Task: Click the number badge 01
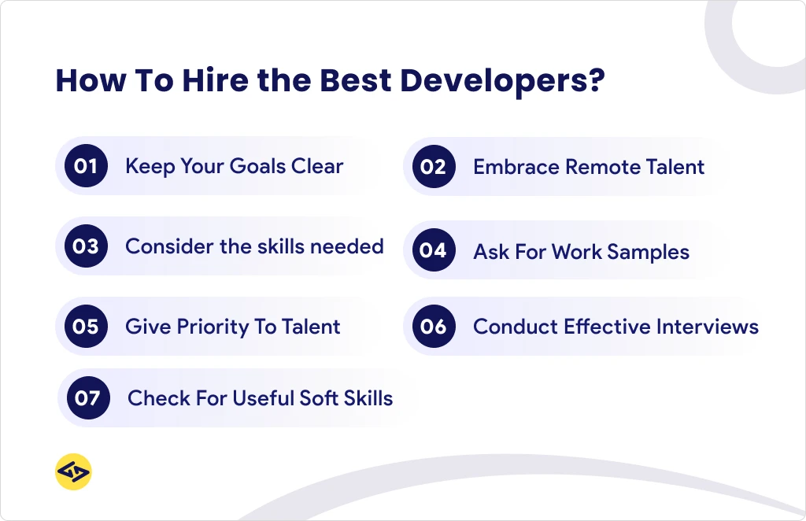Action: (x=86, y=166)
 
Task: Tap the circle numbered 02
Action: (x=434, y=167)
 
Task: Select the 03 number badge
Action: (x=86, y=246)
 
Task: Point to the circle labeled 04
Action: (x=434, y=251)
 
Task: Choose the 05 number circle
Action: (x=86, y=327)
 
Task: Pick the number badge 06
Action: (x=434, y=327)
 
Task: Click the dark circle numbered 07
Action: (x=88, y=398)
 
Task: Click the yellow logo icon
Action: (x=74, y=472)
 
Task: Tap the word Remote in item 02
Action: (x=601, y=167)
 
